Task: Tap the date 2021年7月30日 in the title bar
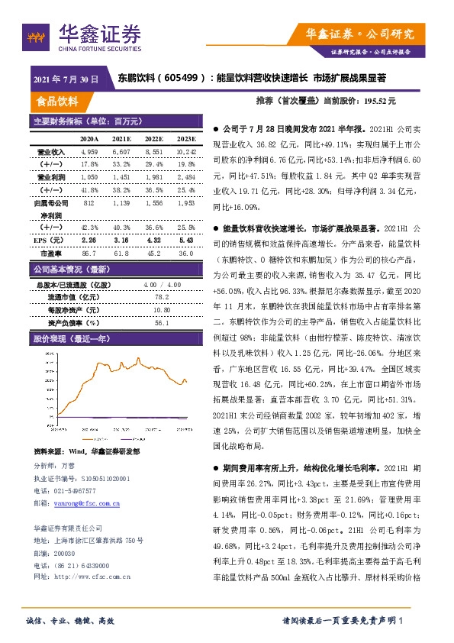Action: coord(66,78)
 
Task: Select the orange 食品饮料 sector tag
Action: coord(57,102)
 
